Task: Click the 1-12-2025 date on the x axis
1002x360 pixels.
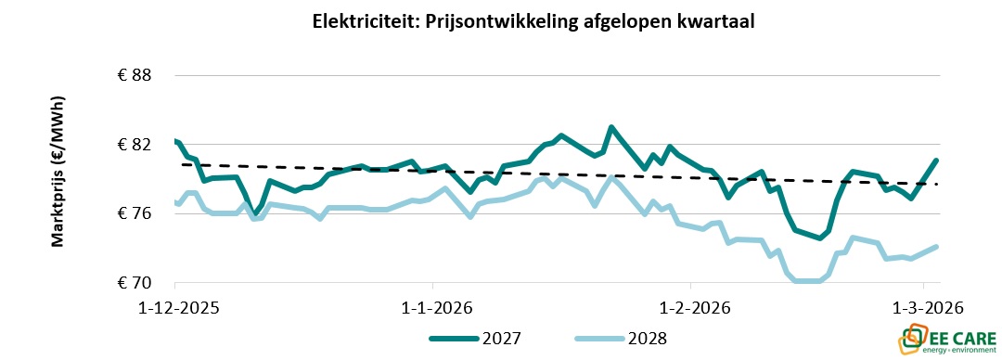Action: (174, 307)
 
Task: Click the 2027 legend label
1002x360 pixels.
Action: (501, 339)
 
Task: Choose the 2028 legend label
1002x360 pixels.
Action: (647, 339)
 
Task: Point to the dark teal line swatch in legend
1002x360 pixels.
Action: (453, 339)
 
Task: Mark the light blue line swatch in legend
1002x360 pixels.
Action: (598, 339)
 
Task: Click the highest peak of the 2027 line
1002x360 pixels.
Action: (610, 127)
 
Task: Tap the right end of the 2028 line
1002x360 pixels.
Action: (937, 247)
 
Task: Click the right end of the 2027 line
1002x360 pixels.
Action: (937, 160)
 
